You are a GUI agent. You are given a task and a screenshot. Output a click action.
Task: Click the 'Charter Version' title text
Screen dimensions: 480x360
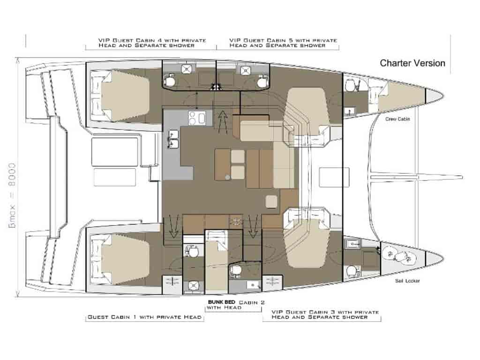tap(412, 63)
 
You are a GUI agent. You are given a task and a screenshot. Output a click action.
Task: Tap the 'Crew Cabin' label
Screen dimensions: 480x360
tap(397, 119)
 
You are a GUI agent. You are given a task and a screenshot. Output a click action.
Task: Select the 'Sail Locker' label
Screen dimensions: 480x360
tap(407, 281)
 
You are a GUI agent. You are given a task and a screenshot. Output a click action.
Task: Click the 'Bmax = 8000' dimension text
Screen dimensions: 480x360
tap(12, 195)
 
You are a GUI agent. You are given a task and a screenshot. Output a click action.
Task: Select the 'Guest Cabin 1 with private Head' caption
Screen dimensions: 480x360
tap(144, 317)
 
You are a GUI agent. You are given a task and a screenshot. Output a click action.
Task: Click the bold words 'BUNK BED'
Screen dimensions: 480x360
tap(221, 302)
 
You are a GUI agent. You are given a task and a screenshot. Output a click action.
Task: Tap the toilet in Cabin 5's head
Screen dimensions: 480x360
tap(262, 81)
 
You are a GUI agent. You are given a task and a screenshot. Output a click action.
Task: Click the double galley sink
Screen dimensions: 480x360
tap(173, 139)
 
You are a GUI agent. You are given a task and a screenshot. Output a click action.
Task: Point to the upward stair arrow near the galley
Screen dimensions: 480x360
tap(223, 121)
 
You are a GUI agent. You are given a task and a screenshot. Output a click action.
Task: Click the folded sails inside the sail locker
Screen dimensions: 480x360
tap(398, 255)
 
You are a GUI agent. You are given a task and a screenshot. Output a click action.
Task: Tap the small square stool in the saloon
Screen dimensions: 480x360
tap(271, 202)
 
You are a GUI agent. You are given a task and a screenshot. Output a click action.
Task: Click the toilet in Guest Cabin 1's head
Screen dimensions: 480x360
tap(193, 251)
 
